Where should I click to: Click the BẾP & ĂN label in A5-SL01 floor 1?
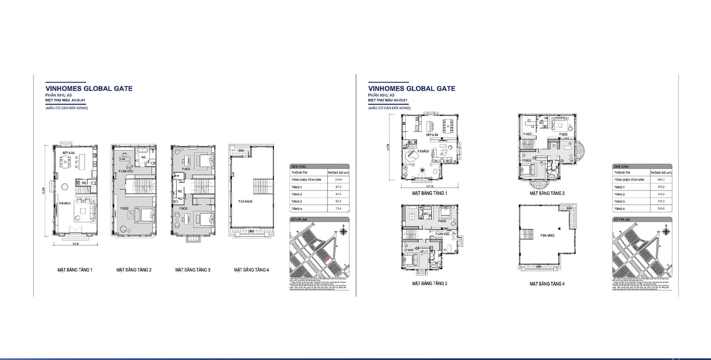point(69,153)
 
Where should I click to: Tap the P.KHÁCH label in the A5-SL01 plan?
point(65,203)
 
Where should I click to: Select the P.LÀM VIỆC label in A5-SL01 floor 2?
point(126,171)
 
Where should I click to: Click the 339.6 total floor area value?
point(338,180)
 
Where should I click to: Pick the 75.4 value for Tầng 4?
point(338,209)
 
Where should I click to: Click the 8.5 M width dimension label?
point(75,244)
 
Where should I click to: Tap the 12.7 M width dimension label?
point(429,186)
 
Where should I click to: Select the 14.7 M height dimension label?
point(388,147)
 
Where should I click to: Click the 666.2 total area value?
point(661,180)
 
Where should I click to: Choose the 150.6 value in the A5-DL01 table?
point(661,209)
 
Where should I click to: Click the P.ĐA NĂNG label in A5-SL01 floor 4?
point(246,201)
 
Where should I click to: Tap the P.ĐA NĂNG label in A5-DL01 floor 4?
point(547,236)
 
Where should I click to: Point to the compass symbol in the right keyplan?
point(666,232)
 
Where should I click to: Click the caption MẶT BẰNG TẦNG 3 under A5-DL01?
point(430,283)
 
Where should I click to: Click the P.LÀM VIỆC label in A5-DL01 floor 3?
point(443,234)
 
